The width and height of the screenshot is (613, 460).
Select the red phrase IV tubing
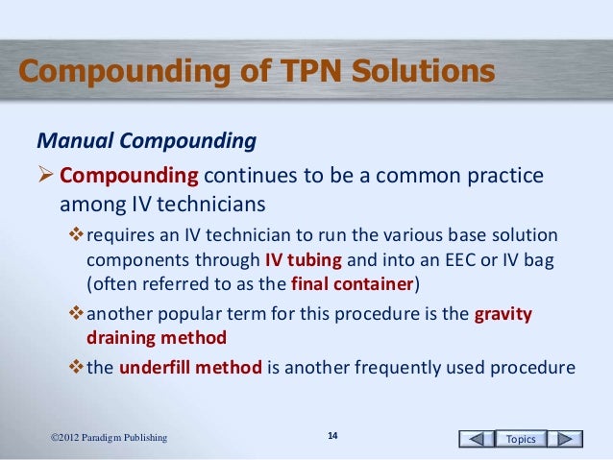(x=302, y=261)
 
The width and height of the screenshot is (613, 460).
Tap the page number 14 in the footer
(x=332, y=438)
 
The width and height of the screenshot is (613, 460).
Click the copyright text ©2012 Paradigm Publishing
(x=109, y=439)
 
